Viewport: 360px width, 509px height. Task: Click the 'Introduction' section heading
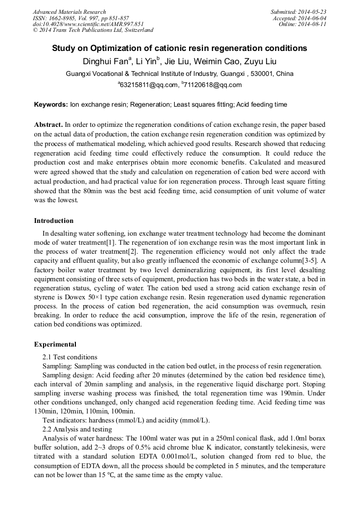(x=54, y=221)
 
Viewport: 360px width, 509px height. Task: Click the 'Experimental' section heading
(x=55, y=344)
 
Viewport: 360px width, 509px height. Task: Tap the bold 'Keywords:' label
(x=50, y=105)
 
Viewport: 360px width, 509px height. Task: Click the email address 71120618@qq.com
(x=213, y=85)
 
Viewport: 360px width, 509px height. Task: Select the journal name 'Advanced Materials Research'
(x=69, y=12)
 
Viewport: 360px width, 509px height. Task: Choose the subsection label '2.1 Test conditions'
(x=70, y=357)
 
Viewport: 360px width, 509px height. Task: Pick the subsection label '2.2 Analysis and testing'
(x=77, y=429)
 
